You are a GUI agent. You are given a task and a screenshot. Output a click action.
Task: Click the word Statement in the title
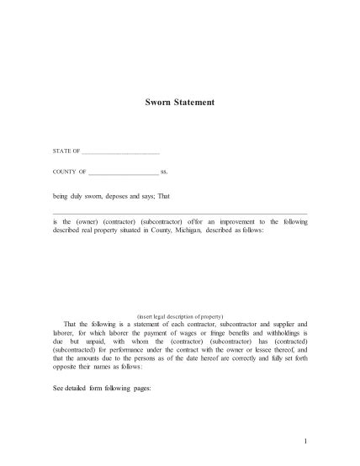(x=196, y=103)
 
